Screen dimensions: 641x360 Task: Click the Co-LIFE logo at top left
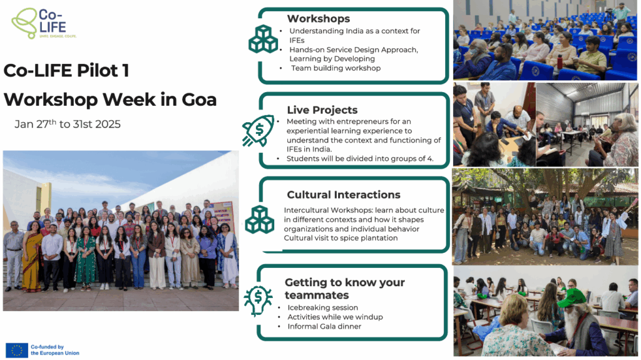44,23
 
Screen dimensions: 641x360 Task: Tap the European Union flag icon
17,350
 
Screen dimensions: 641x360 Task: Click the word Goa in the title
199,100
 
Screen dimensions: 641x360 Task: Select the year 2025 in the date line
108,125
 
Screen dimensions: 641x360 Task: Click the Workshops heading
319,19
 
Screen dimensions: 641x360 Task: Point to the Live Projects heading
322,110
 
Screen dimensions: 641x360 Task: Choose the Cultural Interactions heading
344,195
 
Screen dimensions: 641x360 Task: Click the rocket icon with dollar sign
259,131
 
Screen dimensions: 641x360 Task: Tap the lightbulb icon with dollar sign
258,301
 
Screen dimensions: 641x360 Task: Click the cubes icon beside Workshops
264,39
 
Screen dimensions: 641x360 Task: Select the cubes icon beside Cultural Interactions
260,220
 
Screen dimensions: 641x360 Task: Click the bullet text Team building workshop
336,68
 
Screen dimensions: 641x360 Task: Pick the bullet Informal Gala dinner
324,326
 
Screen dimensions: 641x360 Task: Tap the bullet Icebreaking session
322,307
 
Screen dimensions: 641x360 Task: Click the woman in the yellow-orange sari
32,257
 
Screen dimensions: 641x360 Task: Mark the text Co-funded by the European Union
55,350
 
